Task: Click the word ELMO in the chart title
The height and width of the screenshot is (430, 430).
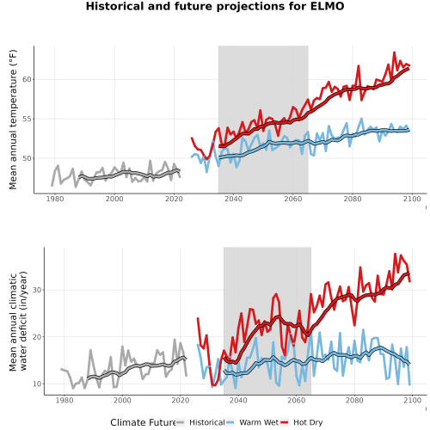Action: click(x=327, y=6)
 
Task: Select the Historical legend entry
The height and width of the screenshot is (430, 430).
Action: click(x=207, y=422)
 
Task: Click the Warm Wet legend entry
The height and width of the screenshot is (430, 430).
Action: click(x=259, y=422)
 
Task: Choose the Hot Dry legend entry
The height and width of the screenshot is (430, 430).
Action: click(x=308, y=422)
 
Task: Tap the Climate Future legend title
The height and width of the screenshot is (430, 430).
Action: click(x=143, y=422)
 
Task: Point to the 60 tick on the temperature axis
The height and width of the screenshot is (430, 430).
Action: click(x=27, y=79)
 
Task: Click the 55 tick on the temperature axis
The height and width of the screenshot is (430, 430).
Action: click(x=27, y=119)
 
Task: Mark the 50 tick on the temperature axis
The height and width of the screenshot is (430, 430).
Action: click(x=27, y=158)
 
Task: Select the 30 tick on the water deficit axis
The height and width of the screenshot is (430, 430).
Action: click(x=37, y=290)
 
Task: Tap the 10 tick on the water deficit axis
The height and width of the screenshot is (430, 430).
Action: click(x=37, y=384)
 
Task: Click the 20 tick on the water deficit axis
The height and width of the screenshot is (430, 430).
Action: click(x=37, y=337)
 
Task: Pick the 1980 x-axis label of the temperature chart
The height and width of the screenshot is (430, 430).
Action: click(x=55, y=199)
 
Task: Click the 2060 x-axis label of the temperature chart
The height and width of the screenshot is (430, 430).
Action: click(x=293, y=199)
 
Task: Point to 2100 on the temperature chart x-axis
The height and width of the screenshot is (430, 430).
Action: click(x=412, y=199)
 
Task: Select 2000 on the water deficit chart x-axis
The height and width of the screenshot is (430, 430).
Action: click(x=122, y=400)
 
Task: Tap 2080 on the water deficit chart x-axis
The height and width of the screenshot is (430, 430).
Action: click(x=354, y=400)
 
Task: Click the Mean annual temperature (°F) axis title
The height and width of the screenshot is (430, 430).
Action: click(x=13, y=120)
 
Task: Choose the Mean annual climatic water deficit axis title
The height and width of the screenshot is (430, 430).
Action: click(x=18, y=321)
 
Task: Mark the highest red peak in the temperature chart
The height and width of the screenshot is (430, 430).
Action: click(x=394, y=52)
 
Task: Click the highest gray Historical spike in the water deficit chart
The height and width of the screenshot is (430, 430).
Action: click(x=175, y=340)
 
